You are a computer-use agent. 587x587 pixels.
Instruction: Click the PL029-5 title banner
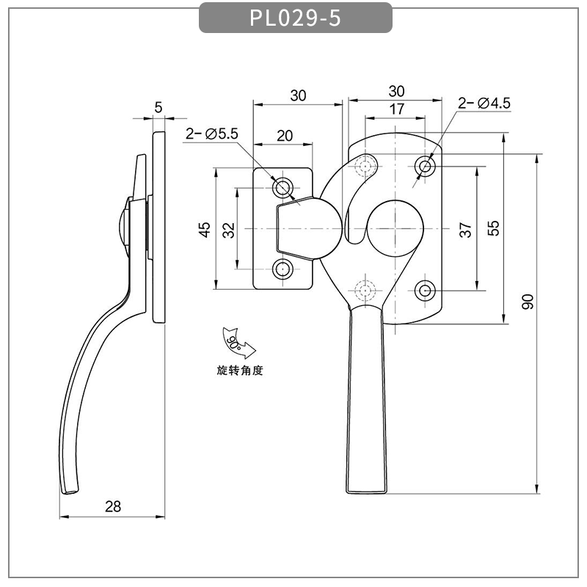point(296,18)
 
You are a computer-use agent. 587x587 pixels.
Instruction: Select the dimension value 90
point(528,302)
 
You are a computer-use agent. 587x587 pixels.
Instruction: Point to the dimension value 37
point(465,230)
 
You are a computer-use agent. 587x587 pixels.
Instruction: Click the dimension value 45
point(205,230)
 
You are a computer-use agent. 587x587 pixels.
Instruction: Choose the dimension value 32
point(229,230)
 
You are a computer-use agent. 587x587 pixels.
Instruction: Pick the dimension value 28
point(113,506)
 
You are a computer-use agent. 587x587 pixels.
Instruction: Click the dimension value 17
point(396,109)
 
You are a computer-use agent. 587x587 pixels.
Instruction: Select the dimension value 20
point(285,136)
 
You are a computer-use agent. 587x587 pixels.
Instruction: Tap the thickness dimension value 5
point(158,107)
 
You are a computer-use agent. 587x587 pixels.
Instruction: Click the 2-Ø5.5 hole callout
point(212,134)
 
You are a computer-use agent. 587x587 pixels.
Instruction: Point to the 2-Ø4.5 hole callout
point(484,103)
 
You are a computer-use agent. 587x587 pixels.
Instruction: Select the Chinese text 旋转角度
point(240,371)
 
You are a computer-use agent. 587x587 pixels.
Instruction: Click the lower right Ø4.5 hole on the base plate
point(425,291)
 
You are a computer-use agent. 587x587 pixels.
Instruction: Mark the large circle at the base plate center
point(395,228)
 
